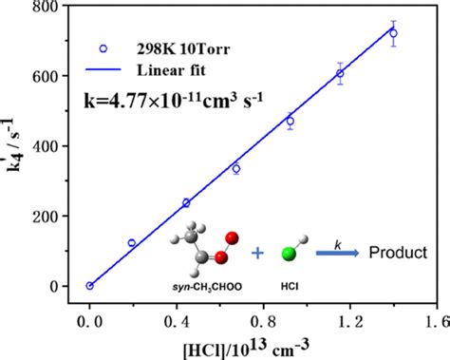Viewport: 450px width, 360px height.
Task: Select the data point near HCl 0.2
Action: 132,243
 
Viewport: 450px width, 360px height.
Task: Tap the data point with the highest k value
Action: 393,33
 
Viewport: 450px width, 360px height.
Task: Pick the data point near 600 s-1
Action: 340,73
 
